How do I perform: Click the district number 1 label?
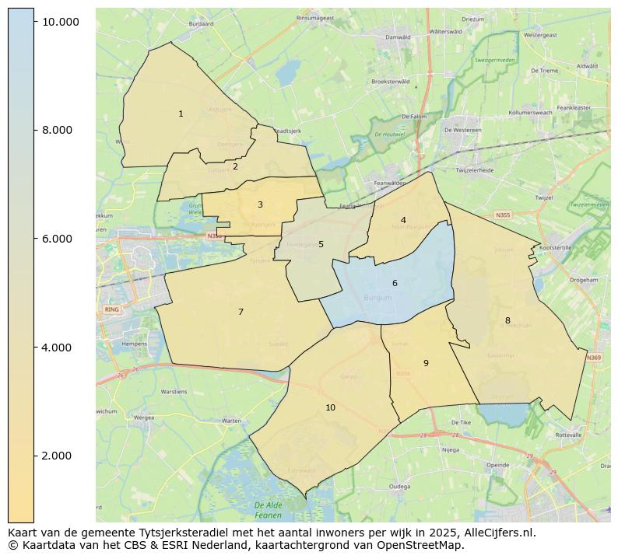tap(181, 114)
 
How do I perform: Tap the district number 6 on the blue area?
tap(395, 284)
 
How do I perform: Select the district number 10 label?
tap(330, 408)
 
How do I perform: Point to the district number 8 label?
tap(507, 321)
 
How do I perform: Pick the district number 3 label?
tap(260, 205)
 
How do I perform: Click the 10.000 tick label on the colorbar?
tap(61, 22)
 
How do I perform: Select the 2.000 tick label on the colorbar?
tap(57, 456)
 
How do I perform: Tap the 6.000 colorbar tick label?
tap(57, 239)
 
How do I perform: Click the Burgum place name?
tap(378, 298)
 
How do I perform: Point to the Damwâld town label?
tap(398, 37)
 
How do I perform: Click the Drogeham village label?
tap(583, 280)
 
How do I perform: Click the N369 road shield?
tap(594, 358)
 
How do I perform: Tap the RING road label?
tap(110, 309)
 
